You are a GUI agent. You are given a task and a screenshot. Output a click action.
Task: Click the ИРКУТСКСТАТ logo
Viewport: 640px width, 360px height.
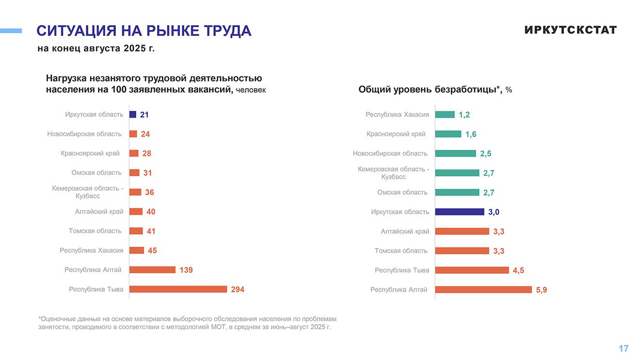(x=570, y=30)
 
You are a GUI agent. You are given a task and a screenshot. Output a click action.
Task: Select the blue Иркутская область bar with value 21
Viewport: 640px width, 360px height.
(x=133, y=115)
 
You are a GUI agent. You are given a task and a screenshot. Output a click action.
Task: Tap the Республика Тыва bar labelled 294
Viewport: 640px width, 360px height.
(x=178, y=289)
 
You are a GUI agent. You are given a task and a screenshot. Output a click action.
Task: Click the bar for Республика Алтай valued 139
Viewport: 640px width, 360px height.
(x=152, y=270)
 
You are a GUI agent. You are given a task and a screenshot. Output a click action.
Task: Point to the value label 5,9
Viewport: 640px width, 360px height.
(x=541, y=290)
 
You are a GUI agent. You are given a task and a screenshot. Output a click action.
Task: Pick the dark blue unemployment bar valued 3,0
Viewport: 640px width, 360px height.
(x=459, y=212)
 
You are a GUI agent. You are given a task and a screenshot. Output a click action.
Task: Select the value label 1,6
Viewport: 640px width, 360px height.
(x=471, y=134)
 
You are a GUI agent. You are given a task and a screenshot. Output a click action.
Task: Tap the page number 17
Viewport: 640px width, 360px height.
(x=624, y=348)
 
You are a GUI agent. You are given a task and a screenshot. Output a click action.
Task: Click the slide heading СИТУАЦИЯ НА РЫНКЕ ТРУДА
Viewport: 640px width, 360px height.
(x=144, y=31)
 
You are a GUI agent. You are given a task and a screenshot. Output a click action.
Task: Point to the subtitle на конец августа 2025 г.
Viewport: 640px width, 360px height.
(x=96, y=48)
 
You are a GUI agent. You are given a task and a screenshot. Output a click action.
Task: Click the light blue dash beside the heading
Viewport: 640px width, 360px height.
(x=11, y=31)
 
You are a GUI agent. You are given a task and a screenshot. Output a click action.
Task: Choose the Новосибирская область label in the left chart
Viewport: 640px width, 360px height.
(x=84, y=134)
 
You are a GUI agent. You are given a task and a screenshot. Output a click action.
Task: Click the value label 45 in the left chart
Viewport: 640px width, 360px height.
(x=152, y=250)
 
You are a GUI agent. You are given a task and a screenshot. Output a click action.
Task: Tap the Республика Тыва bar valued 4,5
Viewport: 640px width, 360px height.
(x=472, y=270)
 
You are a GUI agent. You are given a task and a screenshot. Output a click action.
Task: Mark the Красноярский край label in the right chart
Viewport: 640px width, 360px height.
(x=396, y=134)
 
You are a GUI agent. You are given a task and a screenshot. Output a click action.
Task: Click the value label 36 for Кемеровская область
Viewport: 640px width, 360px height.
(x=149, y=192)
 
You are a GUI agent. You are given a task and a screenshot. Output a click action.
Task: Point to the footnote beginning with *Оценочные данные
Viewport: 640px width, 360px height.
(x=187, y=323)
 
